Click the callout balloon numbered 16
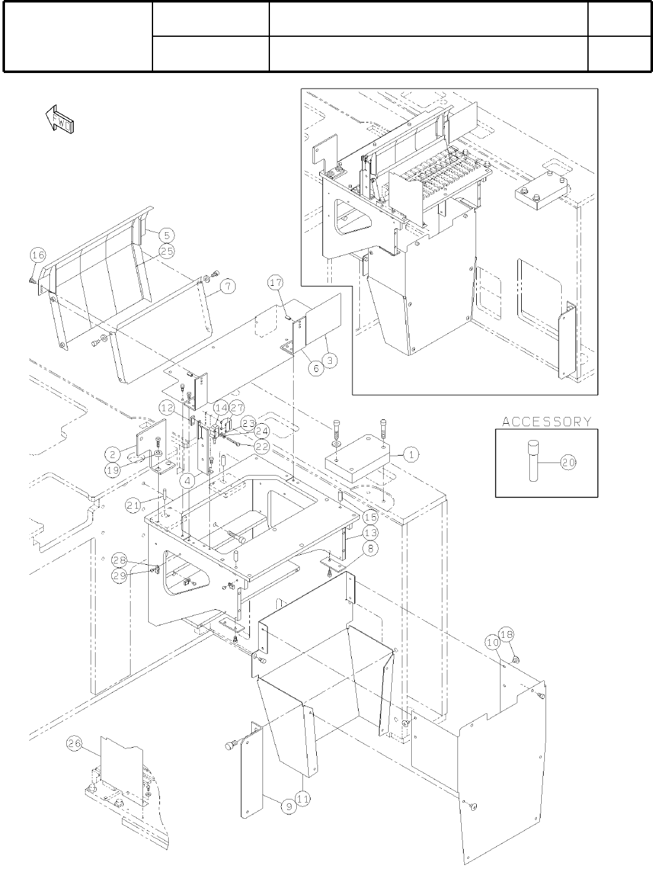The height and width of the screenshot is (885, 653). click(38, 255)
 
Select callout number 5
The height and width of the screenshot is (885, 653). click(166, 235)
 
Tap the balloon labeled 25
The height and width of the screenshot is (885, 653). click(166, 251)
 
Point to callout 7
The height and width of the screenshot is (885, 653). click(227, 286)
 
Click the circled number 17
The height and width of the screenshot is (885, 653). click(276, 283)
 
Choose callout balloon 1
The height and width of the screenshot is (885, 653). click(411, 455)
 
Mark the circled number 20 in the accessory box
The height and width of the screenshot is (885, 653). click(569, 462)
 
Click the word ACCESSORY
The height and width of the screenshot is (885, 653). click(547, 421)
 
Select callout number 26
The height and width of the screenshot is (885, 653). click(74, 744)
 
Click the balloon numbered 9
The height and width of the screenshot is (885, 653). click(287, 806)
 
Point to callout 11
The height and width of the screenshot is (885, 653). click(303, 798)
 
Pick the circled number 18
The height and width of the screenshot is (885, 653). click(507, 635)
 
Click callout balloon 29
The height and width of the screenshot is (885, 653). click(121, 575)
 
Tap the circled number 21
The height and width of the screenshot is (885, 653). click(133, 506)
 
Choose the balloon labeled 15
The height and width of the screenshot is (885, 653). click(371, 517)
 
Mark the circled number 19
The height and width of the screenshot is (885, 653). click(112, 470)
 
